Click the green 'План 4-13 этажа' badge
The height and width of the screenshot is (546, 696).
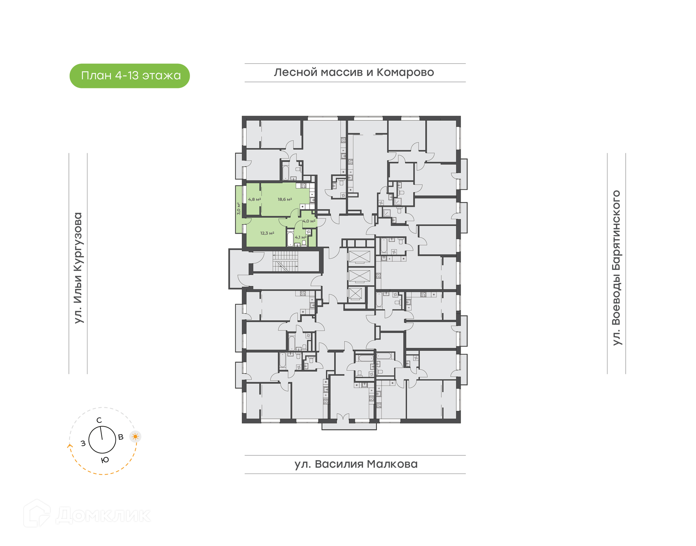click(x=129, y=76)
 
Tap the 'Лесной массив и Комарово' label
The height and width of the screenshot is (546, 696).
click(x=354, y=72)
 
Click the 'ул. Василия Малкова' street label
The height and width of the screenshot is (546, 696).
click(x=356, y=464)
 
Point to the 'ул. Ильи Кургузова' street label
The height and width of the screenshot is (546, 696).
click(x=78, y=268)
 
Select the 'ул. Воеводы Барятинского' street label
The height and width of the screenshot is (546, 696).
click(x=616, y=268)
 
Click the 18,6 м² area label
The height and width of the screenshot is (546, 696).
click(x=285, y=199)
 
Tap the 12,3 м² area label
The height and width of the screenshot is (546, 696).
click(x=267, y=233)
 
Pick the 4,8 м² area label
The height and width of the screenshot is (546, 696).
click(x=254, y=199)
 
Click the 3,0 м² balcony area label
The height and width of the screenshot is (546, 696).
click(x=239, y=208)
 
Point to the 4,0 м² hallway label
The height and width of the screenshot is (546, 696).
click(x=309, y=221)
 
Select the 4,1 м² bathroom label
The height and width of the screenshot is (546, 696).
click(x=301, y=237)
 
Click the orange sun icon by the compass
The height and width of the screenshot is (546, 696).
click(x=136, y=436)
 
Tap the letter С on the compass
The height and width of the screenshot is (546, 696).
click(x=99, y=420)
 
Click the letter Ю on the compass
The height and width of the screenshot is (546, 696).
click(x=105, y=460)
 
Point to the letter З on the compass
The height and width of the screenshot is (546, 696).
click(x=83, y=443)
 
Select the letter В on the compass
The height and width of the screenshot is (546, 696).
click(x=121, y=437)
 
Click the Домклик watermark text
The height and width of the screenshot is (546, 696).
click(x=103, y=515)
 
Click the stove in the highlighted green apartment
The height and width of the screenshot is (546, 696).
click(x=303, y=186)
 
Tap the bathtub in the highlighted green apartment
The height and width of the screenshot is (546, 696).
click(x=290, y=238)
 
